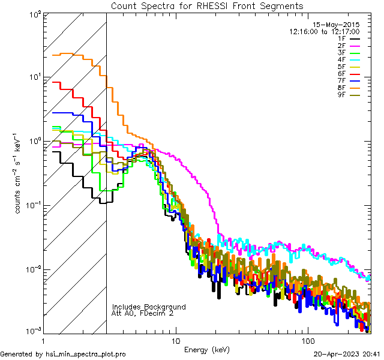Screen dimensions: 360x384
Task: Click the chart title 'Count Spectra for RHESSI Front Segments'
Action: [x=207, y=5]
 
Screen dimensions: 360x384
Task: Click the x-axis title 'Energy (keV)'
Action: [x=207, y=350]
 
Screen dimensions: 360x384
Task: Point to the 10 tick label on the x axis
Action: [x=175, y=340]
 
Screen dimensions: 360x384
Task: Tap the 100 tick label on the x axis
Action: [x=307, y=340]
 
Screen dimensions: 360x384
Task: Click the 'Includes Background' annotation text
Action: [x=149, y=307]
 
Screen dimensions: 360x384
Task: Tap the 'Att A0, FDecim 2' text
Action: [x=143, y=313]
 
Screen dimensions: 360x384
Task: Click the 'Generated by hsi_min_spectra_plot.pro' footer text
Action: [x=63, y=354]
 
